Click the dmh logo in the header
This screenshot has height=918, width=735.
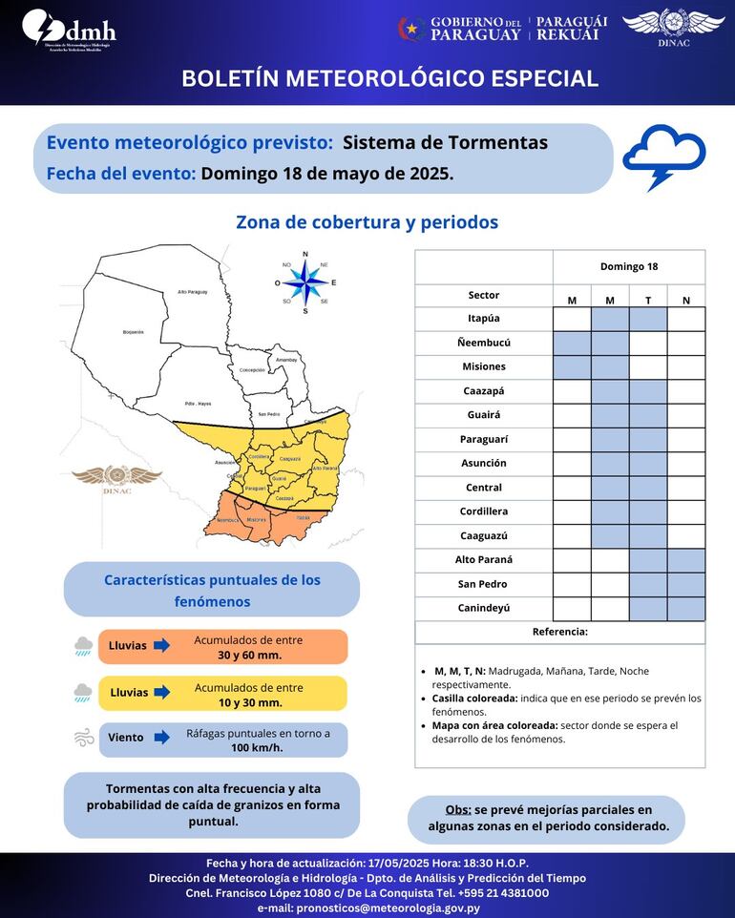tap(69, 30)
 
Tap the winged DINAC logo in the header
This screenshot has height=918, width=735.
tap(673, 26)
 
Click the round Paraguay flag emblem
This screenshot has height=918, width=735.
tap(410, 29)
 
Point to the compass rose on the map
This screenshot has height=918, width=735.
tap(305, 282)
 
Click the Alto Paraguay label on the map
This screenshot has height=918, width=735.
tap(192, 292)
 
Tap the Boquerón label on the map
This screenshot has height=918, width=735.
tap(133, 332)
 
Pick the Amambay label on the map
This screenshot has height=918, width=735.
tap(286, 360)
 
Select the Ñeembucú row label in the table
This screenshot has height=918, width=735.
tap(483, 343)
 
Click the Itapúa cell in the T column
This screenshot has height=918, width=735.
tap(648, 319)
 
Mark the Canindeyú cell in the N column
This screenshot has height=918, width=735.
tap(686, 608)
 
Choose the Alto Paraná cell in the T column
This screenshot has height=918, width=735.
tap(648, 560)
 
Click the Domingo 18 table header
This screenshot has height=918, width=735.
tap(628, 266)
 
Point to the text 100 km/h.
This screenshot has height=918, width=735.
tap(258, 748)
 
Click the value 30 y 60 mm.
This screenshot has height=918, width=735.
tap(249, 655)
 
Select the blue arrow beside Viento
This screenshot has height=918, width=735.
tap(162, 737)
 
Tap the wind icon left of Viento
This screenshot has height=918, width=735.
tap(83, 737)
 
